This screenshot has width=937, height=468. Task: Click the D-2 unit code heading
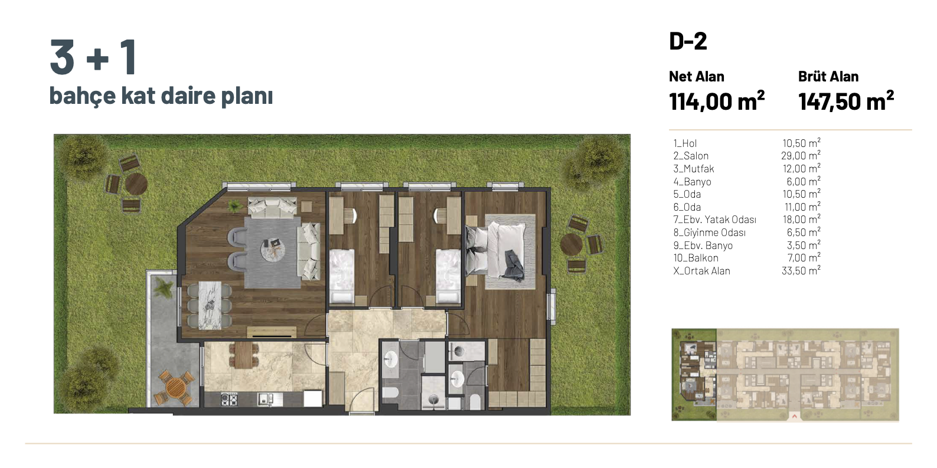(x=688, y=41)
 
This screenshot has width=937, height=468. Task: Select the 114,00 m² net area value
(x=717, y=101)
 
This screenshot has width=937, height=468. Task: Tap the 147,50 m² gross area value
(x=846, y=101)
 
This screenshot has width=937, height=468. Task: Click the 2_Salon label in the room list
(x=691, y=156)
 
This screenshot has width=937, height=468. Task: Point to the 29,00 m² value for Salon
(x=801, y=156)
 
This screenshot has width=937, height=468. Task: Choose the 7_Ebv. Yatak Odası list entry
(x=715, y=220)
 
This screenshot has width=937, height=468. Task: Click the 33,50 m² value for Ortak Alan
(x=801, y=271)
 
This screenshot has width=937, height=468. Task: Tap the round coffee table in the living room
(x=273, y=250)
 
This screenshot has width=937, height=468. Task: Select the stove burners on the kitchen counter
(x=229, y=400)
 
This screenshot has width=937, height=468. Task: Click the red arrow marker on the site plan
(x=794, y=417)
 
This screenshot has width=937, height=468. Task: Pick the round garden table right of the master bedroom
(x=572, y=245)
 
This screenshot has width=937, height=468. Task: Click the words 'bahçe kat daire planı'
(x=161, y=96)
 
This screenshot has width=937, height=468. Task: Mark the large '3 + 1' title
(x=93, y=57)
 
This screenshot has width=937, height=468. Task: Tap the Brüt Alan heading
(x=828, y=77)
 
